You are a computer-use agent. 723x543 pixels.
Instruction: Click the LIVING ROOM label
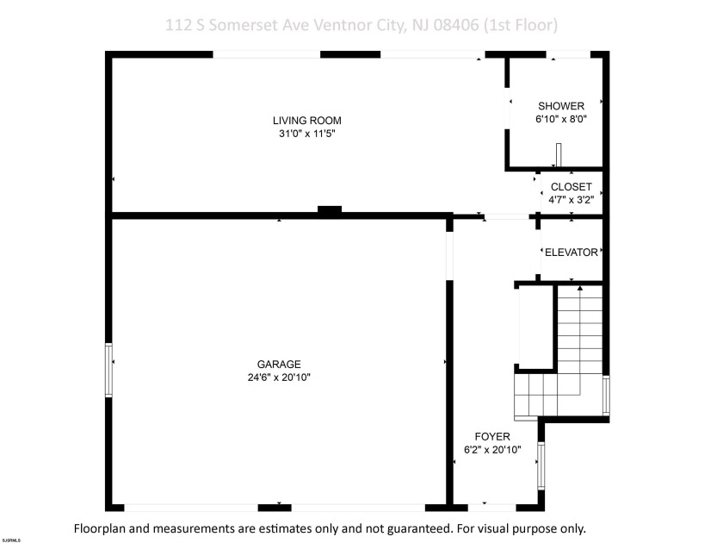[300, 121]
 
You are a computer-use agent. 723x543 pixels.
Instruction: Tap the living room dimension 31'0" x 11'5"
[300, 134]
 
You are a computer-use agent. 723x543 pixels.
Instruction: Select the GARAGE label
[278, 364]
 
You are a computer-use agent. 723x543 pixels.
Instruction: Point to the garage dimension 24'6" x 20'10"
[278, 377]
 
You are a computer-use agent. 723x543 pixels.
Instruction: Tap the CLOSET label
[571, 187]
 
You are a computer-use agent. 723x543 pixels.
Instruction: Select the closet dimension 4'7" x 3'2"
[571, 200]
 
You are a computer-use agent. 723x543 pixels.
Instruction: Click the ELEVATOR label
[571, 253]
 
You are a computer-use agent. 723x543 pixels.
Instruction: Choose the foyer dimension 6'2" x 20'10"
[493, 450]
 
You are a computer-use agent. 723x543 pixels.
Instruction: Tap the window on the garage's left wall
[108, 370]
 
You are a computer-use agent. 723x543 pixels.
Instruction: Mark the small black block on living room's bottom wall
[330, 209]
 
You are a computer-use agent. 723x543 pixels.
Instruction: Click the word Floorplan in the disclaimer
[103, 527]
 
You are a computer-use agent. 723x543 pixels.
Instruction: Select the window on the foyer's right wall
[541, 465]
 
